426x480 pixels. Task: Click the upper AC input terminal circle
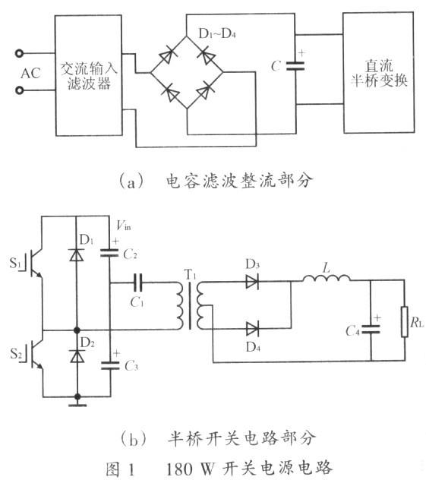19,54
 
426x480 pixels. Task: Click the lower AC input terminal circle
19,90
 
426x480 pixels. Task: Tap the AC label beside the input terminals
30,73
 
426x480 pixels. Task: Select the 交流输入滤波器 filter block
89,75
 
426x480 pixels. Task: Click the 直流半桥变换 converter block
379,73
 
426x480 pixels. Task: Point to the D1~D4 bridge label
217,33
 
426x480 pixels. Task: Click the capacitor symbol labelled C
295,66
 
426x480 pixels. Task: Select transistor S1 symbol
33,263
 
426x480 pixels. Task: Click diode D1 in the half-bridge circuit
77,254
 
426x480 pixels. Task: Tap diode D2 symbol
77,356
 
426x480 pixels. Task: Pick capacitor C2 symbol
109,252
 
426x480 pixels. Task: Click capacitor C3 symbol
110,365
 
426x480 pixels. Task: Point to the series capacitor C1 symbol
138,282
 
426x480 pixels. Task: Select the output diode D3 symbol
252,281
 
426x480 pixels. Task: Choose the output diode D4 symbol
252,329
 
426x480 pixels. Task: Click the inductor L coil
327,278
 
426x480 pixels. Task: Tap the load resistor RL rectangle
405,321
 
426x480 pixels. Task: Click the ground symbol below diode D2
77,405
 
